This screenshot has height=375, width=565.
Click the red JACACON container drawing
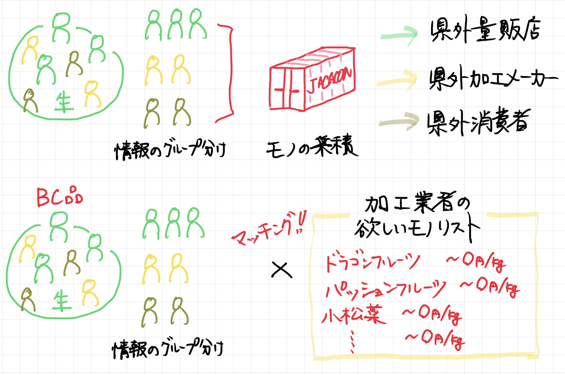[312, 80]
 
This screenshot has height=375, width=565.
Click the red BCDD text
[60, 197]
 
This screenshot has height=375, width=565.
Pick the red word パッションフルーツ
[385, 290]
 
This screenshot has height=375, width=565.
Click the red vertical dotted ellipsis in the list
[352, 342]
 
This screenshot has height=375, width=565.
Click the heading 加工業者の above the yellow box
[417, 204]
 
